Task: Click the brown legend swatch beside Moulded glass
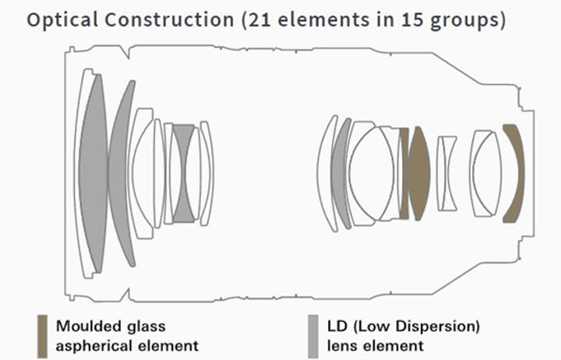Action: click(x=41, y=334)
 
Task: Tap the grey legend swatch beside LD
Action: click(x=312, y=334)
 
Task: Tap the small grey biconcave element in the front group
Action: click(x=184, y=171)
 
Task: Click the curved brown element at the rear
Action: click(x=513, y=173)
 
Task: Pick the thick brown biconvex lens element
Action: click(x=419, y=173)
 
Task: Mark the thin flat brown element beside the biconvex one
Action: click(x=404, y=173)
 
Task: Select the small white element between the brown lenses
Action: click(x=446, y=173)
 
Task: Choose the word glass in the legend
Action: click(x=149, y=324)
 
